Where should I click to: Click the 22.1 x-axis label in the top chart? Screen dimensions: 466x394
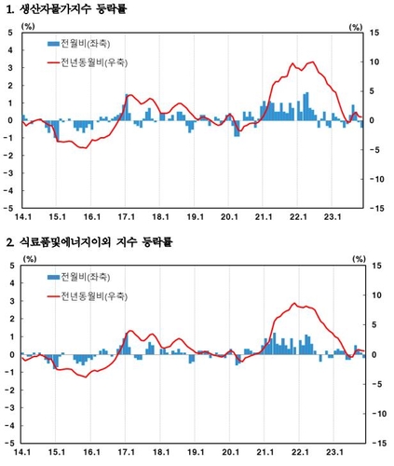300,217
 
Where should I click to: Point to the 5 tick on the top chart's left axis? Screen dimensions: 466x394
11,33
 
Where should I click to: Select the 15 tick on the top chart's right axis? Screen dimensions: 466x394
373,33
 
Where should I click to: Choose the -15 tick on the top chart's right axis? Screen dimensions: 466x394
374,209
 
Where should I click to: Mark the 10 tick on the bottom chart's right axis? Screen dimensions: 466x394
373,295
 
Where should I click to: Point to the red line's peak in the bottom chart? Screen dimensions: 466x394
294,304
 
